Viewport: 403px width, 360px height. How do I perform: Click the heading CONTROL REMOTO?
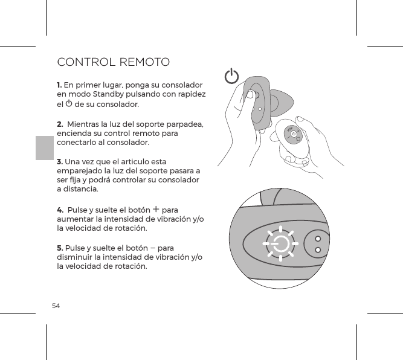click(113, 62)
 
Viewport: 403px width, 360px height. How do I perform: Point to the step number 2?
click(60, 124)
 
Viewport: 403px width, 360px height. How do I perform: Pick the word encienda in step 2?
click(74, 133)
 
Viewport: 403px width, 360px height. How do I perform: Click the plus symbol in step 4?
click(156, 209)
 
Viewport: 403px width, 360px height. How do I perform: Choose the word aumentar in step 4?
click(76, 219)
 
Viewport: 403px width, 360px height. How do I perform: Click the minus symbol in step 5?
click(157, 247)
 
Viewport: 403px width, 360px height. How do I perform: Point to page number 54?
click(56, 306)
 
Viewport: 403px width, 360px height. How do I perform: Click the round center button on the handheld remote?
click(294, 135)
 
